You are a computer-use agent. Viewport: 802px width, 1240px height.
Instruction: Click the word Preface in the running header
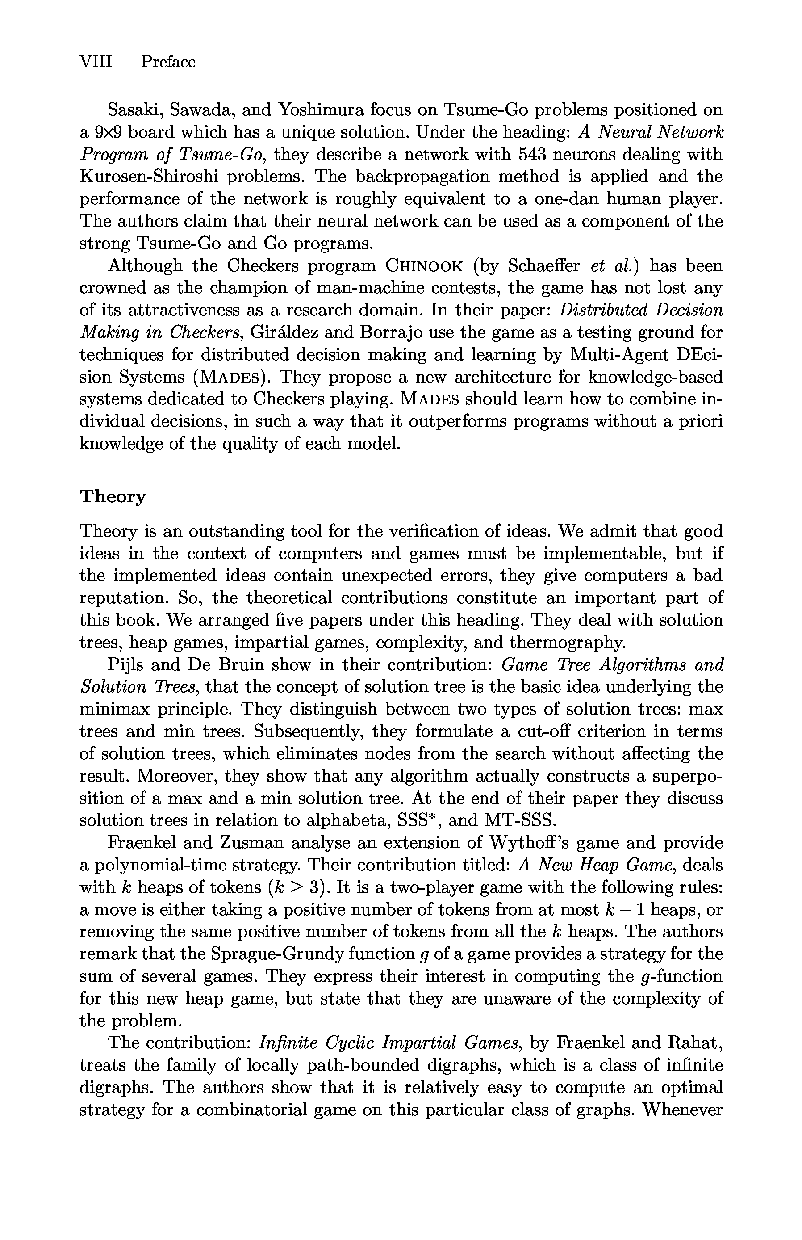(x=168, y=62)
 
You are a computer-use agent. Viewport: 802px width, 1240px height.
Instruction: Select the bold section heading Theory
(x=113, y=496)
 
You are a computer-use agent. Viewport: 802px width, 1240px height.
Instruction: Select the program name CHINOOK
(x=424, y=266)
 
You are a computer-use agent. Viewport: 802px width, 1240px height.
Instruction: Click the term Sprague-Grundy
(x=277, y=954)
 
